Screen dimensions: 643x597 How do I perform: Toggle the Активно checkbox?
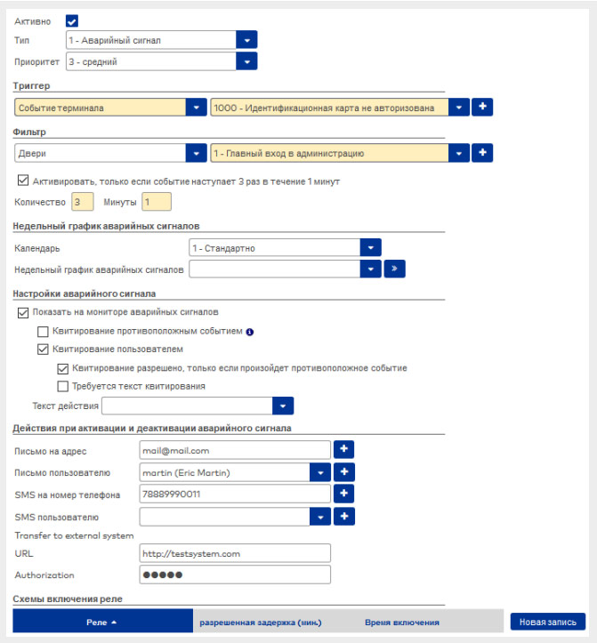point(73,20)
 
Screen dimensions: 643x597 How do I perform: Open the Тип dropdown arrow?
point(246,40)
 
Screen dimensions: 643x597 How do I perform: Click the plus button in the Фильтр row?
point(481,153)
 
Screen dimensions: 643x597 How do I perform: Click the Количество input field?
point(82,202)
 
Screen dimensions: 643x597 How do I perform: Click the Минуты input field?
point(156,202)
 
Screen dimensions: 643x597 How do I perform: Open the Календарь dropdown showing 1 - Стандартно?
point(285,247)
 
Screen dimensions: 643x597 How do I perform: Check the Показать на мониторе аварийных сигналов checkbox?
point(23,312)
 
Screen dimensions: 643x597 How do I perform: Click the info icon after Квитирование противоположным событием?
point(250,332)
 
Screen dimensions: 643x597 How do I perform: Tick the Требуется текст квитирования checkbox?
point(62,386)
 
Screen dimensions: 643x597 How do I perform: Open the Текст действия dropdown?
point(198,406)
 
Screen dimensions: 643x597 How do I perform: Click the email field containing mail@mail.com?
point(235,451)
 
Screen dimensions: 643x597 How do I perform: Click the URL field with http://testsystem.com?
point(235,553)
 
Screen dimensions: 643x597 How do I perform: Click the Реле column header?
point(102,621)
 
